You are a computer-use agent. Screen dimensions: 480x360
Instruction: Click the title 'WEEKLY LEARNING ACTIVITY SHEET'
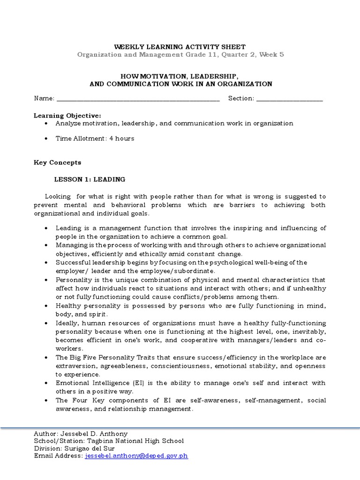point(180,47)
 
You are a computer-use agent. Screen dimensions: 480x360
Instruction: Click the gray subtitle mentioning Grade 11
point(180,54)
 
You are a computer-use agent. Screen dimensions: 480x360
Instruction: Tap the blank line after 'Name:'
point(138,98)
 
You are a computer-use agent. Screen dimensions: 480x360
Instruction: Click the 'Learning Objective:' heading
point(67,115)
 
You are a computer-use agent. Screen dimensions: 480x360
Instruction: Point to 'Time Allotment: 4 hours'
point(95,138)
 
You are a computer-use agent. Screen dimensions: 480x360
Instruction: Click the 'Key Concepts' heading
point(57,163)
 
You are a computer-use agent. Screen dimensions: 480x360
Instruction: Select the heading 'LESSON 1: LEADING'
point(90,179)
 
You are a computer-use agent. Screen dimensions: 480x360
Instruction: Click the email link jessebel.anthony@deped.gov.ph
point(136,456)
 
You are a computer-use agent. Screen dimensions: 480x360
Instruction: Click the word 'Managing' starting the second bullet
point(70,245)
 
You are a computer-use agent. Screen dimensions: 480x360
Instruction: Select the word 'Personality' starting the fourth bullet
point(73,280)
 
